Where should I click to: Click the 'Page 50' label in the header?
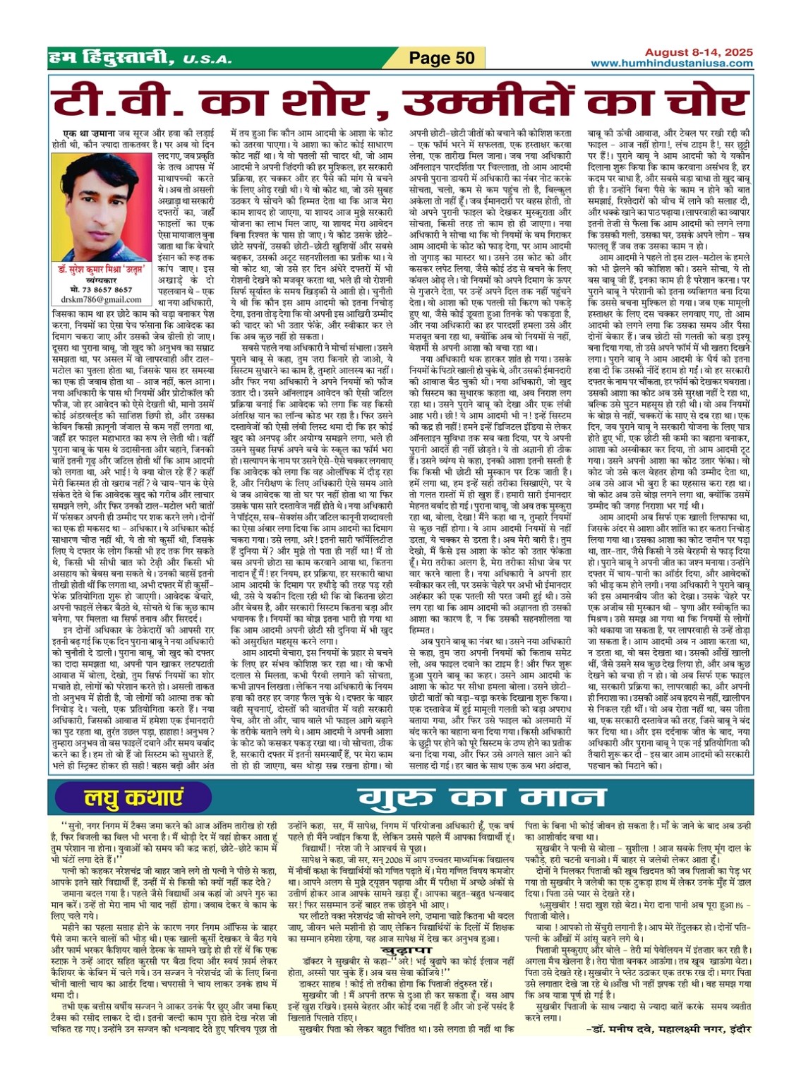click(442, 58)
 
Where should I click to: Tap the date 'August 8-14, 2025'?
click(698, 52)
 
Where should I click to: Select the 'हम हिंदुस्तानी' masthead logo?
click(110, 57)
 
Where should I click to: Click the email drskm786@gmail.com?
click(100, 299)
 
